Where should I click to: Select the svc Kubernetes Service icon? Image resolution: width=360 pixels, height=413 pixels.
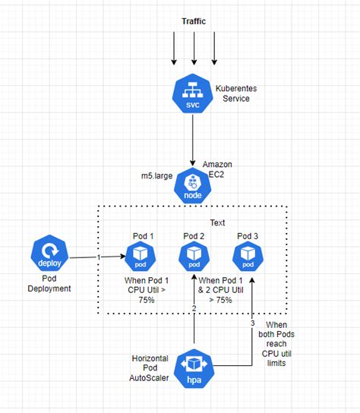tap(193, 94)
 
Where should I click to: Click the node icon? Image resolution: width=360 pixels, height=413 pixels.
tap(193, 185)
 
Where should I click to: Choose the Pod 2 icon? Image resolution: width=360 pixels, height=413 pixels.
tap(194, 256)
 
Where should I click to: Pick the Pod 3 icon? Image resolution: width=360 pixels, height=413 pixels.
tap(247, 256)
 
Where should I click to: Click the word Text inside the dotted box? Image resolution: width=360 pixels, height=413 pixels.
tap(219, 223)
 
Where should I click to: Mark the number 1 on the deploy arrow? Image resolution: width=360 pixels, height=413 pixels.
tap(98, 258)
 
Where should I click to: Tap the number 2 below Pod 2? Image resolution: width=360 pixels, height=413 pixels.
tap(194, 307)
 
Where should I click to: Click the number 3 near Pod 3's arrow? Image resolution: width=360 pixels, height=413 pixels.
tap(253, 324)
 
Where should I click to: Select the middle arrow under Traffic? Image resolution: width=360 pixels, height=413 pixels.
tap(194, 49)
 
